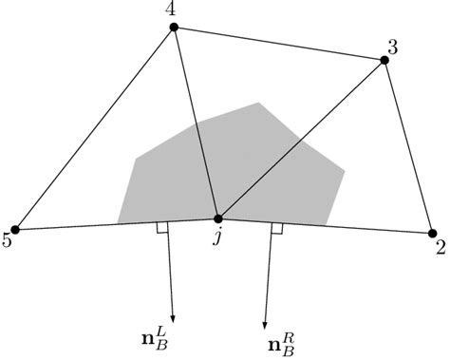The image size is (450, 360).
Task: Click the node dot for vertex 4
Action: [174, 28]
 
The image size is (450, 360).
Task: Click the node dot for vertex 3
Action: [384, 61]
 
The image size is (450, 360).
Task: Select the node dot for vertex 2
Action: [432, 234]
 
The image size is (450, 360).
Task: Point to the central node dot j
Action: [217, 219]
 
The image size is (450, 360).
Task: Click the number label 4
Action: [170, 10]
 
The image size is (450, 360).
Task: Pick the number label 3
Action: [394, 45]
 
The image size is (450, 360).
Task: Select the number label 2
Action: [440, 249]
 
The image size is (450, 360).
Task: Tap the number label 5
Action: [8, 241]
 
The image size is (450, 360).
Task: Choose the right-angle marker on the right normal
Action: [276, 229]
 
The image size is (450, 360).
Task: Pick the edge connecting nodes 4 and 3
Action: [279, 44]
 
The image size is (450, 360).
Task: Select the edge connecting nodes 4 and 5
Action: [96, 128]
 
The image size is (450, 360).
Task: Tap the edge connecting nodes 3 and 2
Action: [408, 147]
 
